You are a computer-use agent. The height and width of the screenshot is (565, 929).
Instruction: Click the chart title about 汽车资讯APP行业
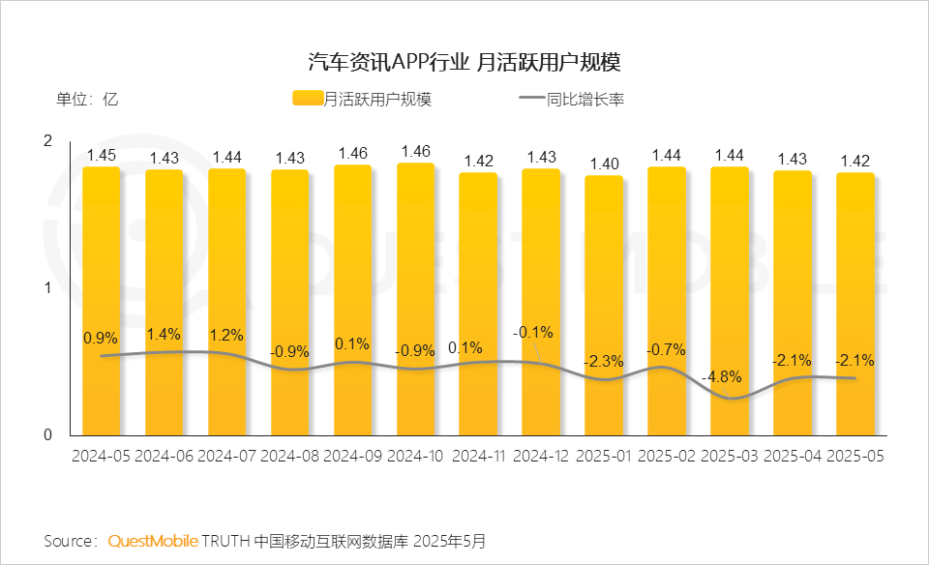pyautogui.click(x=464, y=63)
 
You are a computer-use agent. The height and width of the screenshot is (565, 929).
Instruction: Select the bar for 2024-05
pyautogui.click(x=101, y=301)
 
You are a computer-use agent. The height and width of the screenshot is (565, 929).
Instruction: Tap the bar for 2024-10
pyautogui.click(x=416, y=299)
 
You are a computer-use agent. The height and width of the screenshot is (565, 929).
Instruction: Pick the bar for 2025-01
pyautogui.click(x=605, y=306)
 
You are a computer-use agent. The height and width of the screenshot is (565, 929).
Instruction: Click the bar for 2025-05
pyautogui.click(x=855, y=304)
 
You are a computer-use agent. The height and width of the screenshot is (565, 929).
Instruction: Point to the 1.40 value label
pyautogui.click(x=605, y=164)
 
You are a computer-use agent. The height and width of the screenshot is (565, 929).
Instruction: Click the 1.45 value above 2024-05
pyautogui.click(x=101, y=155)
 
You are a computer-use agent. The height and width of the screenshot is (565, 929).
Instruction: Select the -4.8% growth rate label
pyautogui.click(x=730, y=376)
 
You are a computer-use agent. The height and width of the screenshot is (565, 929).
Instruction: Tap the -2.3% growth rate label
pyautogui.click(x=604, y=361)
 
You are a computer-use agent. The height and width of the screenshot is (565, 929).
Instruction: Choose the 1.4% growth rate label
pyautogui.click(x=164, y=334)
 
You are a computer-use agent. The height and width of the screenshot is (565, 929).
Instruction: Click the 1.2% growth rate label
pyautogui.click(x=226, y=335)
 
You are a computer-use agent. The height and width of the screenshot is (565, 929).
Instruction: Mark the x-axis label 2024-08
pyautogui.click(x=290, y=455)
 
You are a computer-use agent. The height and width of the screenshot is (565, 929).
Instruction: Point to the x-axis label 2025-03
pyautogui.click(x=731, y=455)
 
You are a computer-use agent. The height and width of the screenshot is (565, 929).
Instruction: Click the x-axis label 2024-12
pyautogui.click(x=542, y=455)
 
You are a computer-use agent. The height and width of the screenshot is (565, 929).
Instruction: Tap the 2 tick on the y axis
pyautogui.click(x=47, y=141)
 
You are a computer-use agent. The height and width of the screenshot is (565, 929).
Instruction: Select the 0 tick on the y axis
pyautogui.click(x=47, y=435)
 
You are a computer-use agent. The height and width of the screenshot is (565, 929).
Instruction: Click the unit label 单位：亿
pyautogui.click(x=86, y=99)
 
